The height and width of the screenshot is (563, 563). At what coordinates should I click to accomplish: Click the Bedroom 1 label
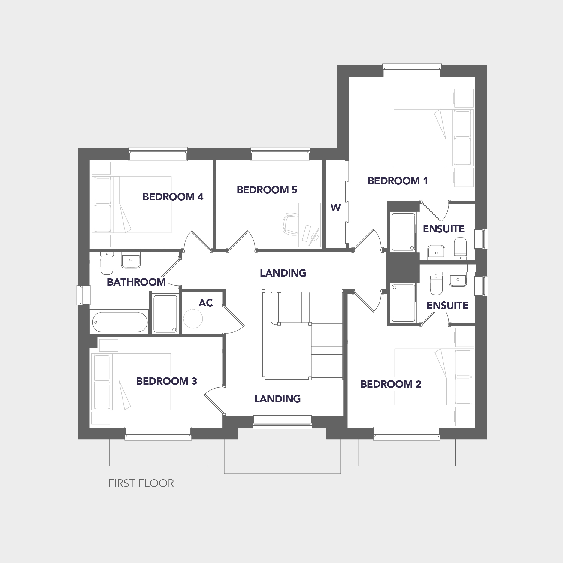click(x=398, y=181)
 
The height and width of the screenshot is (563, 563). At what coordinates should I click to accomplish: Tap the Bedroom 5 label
click(x=267, y=190)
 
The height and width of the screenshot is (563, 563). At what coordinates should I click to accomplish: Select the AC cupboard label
click(x=206, y=303)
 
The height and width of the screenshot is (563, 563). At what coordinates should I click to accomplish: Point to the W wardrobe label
click(x=336, y=208)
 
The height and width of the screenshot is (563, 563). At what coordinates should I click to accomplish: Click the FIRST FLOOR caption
click(x=141, y=483)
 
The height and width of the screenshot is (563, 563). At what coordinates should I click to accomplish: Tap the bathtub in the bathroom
click(x=120, y=322)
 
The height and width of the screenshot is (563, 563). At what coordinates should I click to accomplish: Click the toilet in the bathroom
click(x=106, y=263)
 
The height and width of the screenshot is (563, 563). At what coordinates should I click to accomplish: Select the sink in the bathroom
click(x=131, y=260)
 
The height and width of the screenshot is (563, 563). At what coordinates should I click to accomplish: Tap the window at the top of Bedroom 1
click(x=412, y=70)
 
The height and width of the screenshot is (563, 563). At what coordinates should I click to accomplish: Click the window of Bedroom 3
click(x=158, y=434)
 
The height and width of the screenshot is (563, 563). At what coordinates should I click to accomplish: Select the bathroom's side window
click(x=83, y=295)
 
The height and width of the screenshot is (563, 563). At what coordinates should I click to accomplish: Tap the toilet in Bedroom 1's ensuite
click(x=460, y=249)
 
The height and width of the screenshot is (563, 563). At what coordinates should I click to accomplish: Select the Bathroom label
click(x=136, y=282)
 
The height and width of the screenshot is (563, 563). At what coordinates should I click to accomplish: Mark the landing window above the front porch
click(x=282, y=422)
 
